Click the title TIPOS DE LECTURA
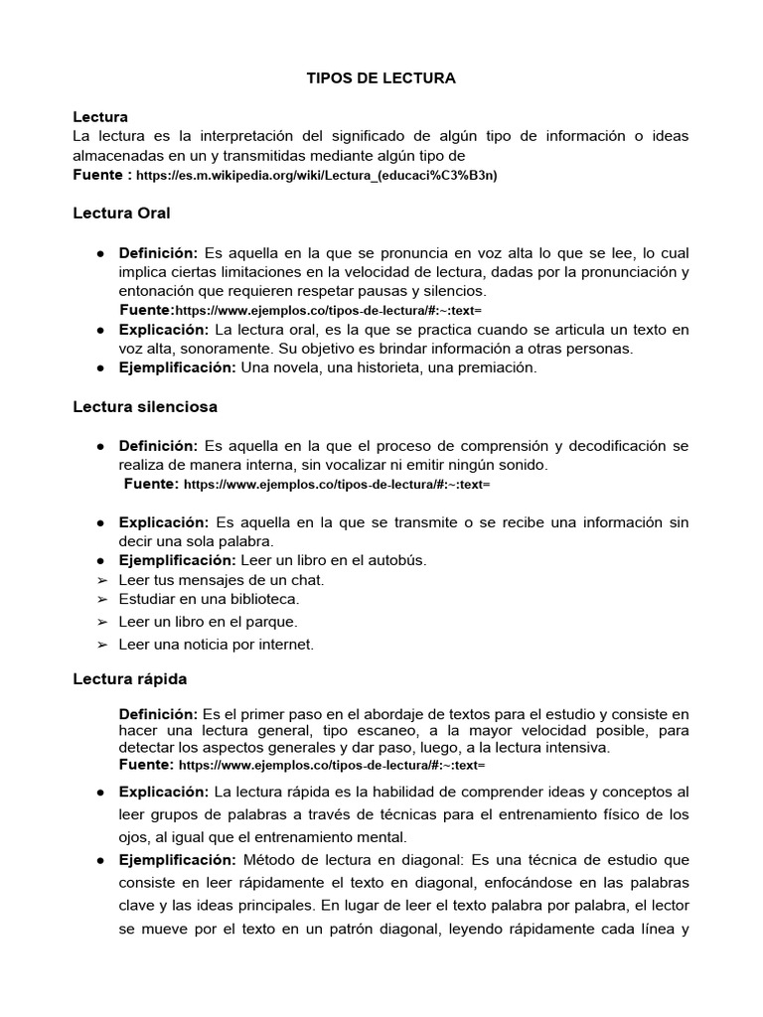(x=381, y=78)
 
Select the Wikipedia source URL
(x=316, y=176)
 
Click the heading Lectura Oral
(x=122, y=213)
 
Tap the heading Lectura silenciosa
(x=145, y=406)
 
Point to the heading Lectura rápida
(x=130, y=679)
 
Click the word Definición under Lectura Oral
(x=159, y=253)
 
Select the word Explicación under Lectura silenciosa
(x=164, y=522)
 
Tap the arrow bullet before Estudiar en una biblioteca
(x=101, y=600)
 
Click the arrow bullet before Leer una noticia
(x=101, y=646)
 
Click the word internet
(x=285, y=645)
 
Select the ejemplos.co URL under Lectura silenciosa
(x=337, y=485)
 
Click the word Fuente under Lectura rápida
(x=145, y=765)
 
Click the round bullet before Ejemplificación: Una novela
(x=101, y=367)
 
